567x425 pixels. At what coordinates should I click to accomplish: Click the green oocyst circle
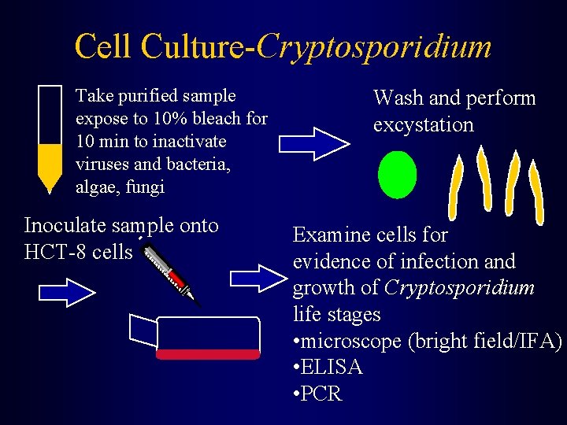397,174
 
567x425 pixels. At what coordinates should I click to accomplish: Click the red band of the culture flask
208,354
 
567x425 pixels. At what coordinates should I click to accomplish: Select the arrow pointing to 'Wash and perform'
314,142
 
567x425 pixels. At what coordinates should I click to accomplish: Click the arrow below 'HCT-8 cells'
67,293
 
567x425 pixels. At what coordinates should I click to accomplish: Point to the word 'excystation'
423,124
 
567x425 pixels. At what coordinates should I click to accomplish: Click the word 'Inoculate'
65,226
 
